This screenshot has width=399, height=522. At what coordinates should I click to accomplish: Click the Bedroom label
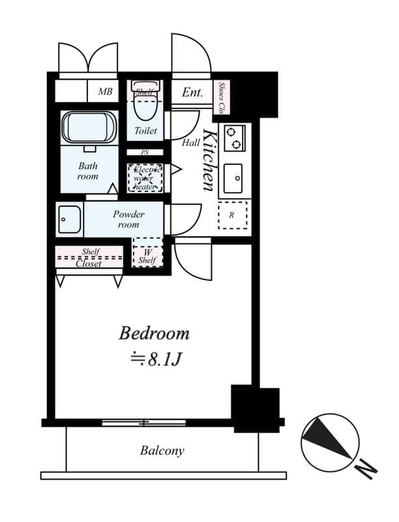click(x=154, y=333)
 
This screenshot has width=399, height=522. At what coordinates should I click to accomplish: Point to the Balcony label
click(x=162, y=450)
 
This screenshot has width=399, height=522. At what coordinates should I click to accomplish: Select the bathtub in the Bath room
click(x=89, y=128)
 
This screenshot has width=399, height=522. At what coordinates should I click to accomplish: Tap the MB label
click(x=105, y=92)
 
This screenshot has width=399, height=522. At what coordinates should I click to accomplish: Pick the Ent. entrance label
click(x=192, y=93)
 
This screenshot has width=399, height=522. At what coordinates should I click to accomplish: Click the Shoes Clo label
click(x=222, y=96)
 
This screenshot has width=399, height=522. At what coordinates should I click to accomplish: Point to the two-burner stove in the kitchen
click(x=234, y=138)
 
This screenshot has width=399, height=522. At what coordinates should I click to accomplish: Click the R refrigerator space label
click(x=231, y=214)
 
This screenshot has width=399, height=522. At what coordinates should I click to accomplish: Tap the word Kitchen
click(x=210, y=161)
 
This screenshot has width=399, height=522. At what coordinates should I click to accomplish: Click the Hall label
click(x=191, y=142)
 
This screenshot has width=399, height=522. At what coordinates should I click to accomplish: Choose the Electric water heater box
click(x=145, y=177)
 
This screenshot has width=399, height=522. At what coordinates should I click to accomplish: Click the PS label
click(x=145, y=153)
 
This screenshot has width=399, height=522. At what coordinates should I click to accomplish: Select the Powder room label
click(x=128, y=219)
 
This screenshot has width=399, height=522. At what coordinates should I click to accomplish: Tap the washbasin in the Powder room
click(x=69, y=220)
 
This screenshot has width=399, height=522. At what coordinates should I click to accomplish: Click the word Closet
click(x=89, y=264)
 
